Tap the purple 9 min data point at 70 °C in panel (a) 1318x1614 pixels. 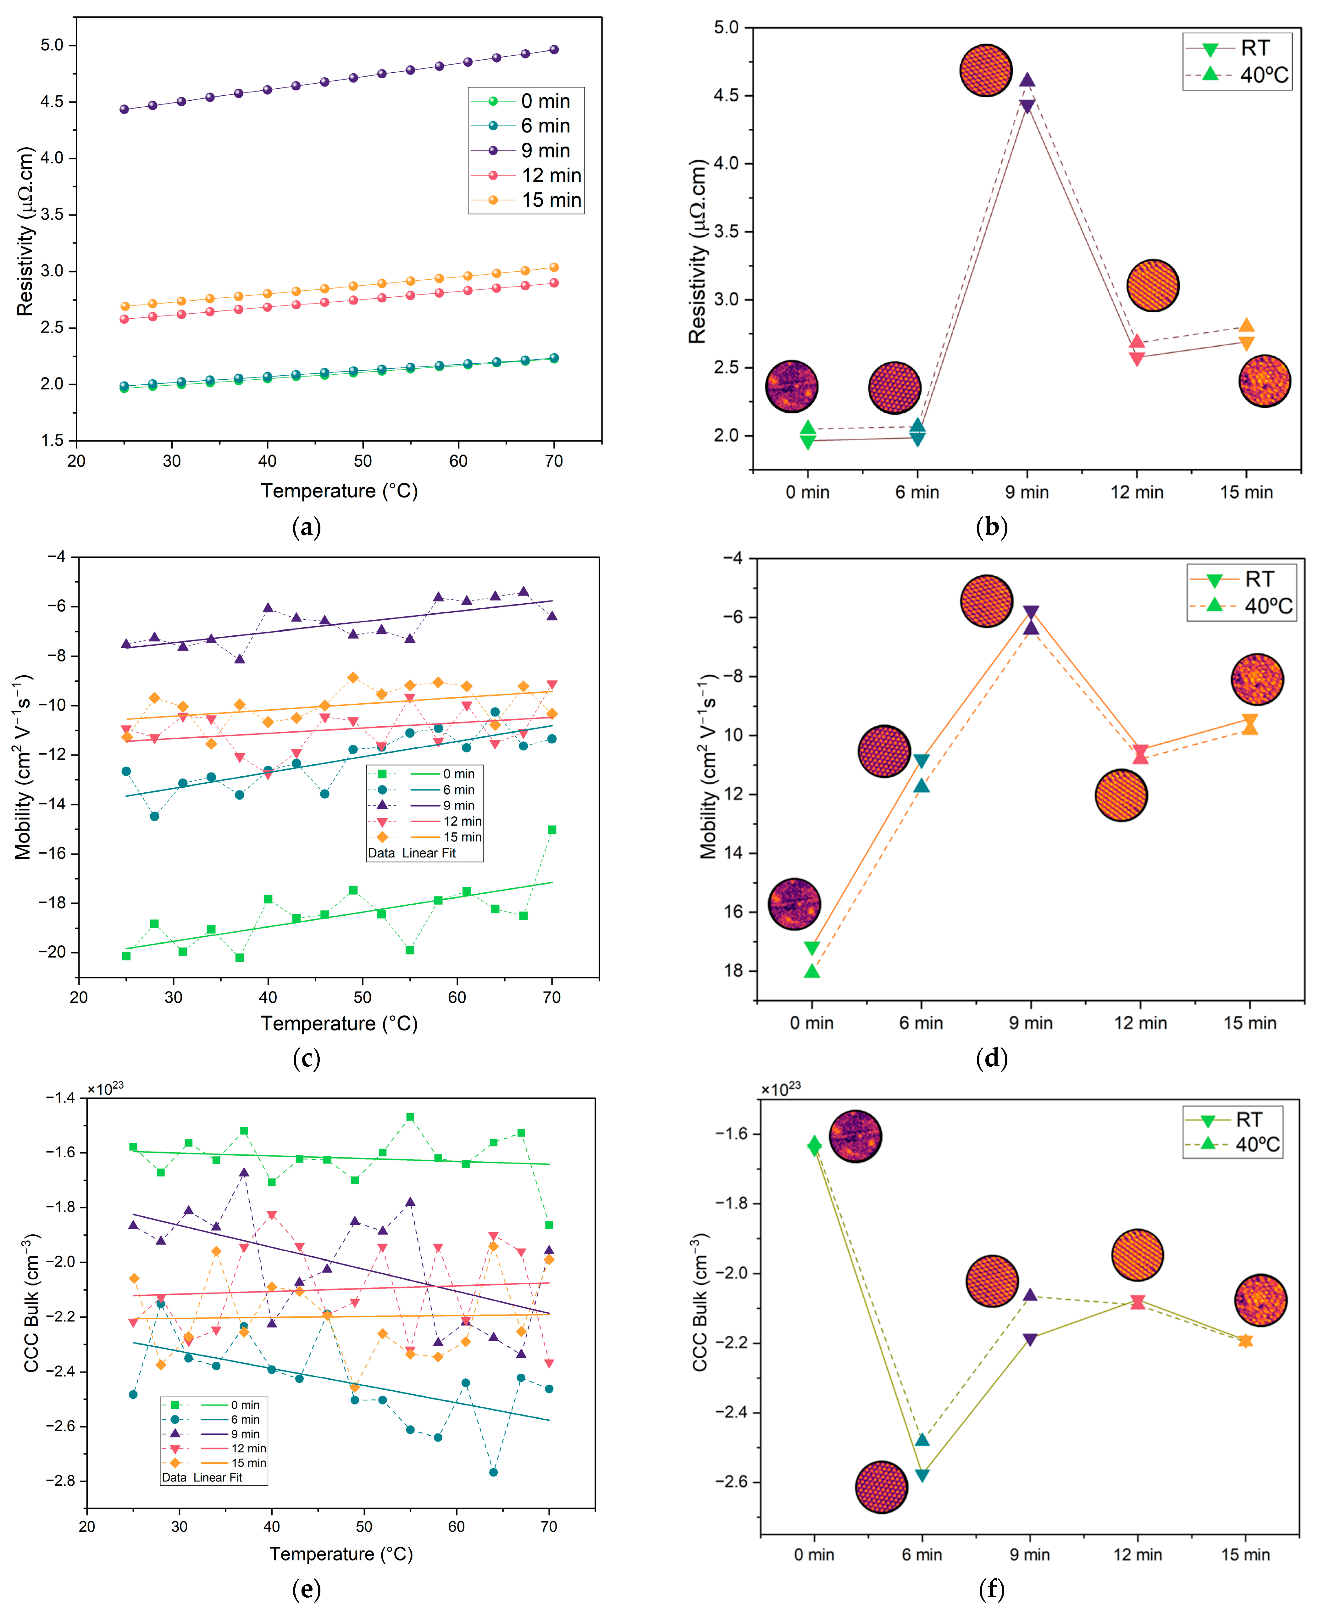pyautogui.click(x=553, y=49)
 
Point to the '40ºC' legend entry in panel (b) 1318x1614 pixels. pyautogui.click(x=1263, y=75)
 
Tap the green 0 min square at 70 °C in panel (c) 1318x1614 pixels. pyautogui.click(x=552, y=829)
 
